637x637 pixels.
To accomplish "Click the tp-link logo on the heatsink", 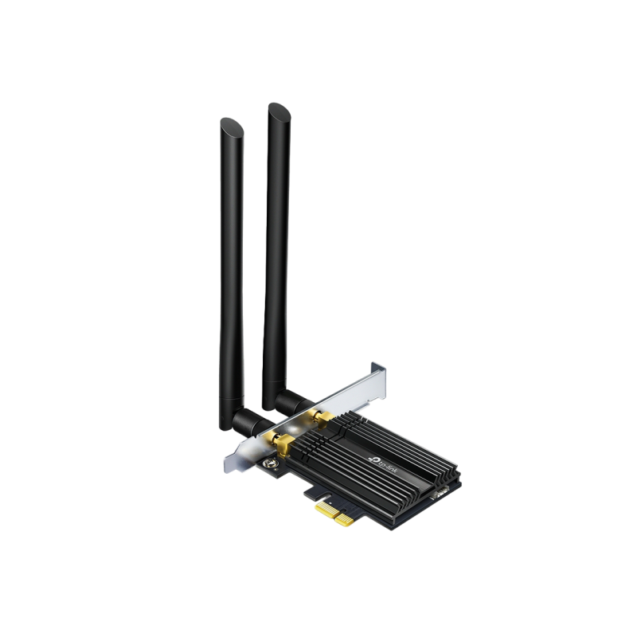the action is coord(384,466).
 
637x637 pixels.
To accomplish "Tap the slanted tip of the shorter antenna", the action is coord(232,126).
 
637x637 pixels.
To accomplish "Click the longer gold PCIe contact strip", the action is coord(326,508).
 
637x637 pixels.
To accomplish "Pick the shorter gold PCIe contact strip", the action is coord(345,520).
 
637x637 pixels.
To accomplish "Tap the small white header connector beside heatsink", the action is coord(440,493).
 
